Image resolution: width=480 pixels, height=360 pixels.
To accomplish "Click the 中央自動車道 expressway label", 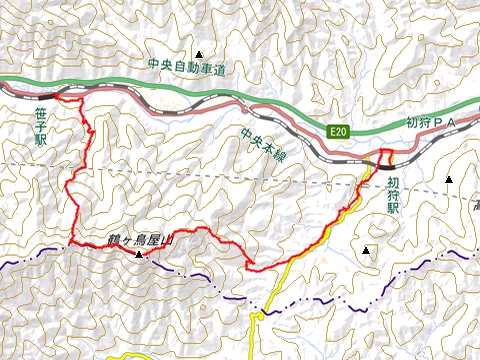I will click(x=187, y=68).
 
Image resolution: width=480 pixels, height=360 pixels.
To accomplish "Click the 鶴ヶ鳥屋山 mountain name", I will click(x=140, y=241).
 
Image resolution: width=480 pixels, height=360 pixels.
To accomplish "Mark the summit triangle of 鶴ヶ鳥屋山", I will click(x=139, y=255).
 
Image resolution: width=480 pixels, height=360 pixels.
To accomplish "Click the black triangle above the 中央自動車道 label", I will click(x=200, y=54).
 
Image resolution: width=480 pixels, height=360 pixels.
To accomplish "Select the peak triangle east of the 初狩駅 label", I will click(x=449, y=180).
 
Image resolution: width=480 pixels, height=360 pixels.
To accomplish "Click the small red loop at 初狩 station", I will click(x=385, y=156).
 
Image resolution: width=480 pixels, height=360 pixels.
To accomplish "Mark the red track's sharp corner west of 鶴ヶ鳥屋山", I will click(x=73, y=243).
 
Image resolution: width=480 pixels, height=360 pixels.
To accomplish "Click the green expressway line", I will click(x=150, y=82).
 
